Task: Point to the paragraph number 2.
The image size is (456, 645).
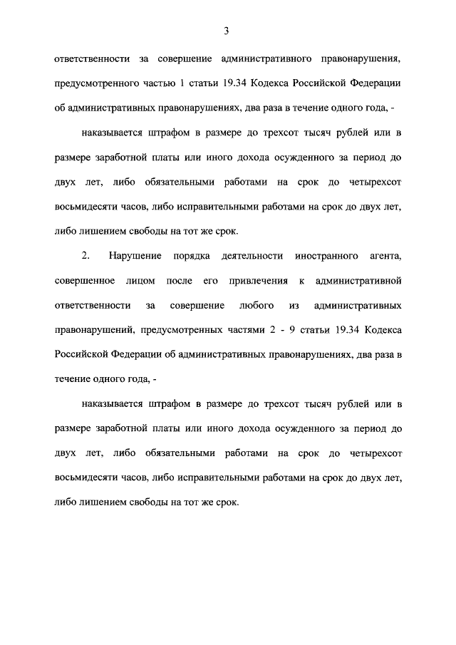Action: pos(85,255)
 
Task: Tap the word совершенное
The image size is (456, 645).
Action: pos(84,281)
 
